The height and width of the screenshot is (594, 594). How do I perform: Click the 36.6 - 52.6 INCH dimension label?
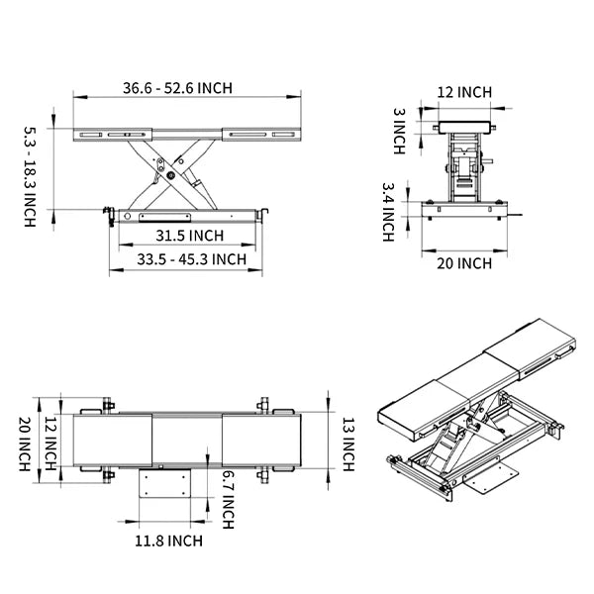[x=178, y=88]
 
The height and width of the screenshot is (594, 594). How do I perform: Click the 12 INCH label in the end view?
[x=464, y=92]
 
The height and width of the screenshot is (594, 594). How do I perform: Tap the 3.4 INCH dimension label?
[x=388, y=211]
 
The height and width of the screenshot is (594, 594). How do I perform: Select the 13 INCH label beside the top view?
[x=347, y=443]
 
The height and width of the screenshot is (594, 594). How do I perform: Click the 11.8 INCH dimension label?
[x=168, y=541]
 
